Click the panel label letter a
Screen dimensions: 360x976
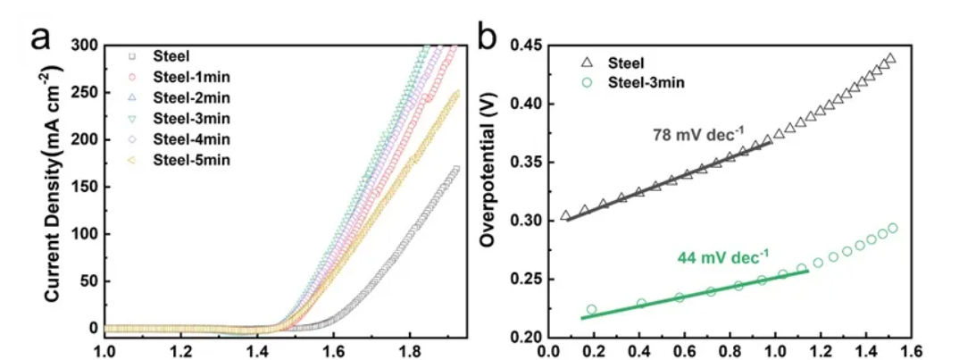[x=42, y=38]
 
